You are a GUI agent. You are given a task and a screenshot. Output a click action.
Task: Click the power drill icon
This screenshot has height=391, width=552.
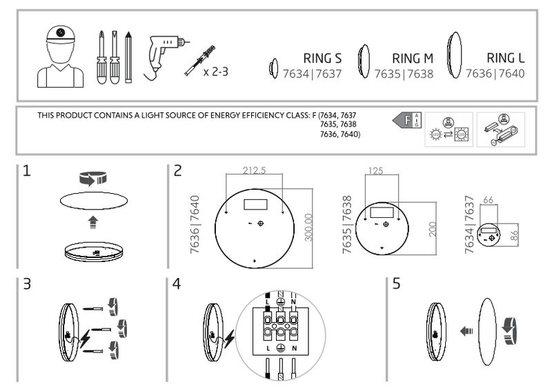point(166,57)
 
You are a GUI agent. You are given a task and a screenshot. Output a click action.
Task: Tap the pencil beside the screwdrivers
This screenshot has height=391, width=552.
point(128,57)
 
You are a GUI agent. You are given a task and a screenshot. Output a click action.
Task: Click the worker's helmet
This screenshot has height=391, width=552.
point(61,35)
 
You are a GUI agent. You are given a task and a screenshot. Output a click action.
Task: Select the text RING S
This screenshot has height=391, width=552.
point(322,59)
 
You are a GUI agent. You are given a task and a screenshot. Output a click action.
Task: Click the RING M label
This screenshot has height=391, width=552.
point(413,59)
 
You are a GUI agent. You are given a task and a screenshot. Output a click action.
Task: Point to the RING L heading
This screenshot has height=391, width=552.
point(506,58)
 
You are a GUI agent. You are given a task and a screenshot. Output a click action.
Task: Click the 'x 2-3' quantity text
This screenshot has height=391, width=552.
point(216,72)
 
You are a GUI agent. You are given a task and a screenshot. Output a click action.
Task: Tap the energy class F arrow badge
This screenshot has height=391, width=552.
point(406,121)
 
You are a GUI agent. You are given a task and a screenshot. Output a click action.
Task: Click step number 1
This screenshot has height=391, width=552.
point(27,171)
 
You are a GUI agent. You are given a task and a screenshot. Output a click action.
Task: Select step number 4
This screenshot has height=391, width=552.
point(177,283)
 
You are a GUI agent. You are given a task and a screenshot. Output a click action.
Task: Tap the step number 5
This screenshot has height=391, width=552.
point(396,283)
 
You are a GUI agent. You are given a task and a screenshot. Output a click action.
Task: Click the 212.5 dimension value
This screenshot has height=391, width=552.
point(254,170)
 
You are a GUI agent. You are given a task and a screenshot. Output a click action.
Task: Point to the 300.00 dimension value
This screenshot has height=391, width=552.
point(308,228)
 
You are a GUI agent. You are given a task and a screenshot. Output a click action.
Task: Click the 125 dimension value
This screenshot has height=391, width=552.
point(375,171)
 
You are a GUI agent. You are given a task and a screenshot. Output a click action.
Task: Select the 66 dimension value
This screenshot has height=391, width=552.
point(488,200)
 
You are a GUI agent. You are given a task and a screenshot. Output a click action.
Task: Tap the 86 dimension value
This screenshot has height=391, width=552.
point(514,235)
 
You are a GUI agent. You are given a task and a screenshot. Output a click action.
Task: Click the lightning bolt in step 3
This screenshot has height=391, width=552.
point(85,339)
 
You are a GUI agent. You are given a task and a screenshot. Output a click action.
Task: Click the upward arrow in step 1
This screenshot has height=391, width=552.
point(93,223)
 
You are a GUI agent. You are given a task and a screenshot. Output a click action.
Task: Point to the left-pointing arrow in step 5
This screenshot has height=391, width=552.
point(466,331)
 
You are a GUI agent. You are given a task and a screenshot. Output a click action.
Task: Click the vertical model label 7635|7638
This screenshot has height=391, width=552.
point(347,225)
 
